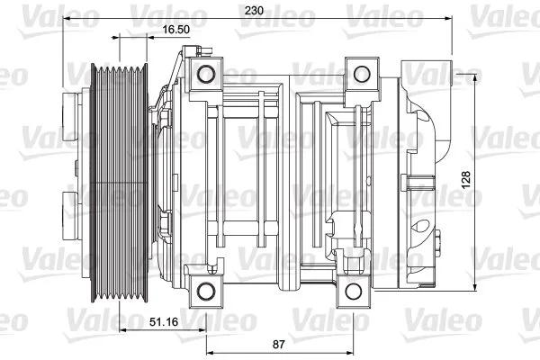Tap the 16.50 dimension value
point(175,30)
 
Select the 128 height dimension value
point(465,180)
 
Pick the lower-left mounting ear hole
point(207,289)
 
